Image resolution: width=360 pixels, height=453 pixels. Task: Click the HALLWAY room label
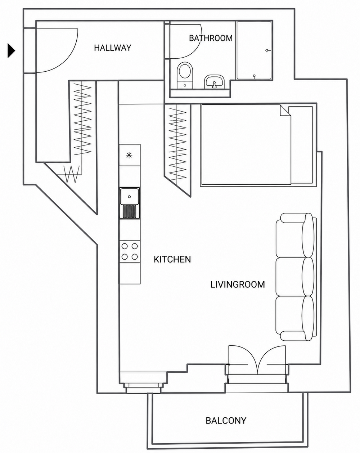(x=112, y=48)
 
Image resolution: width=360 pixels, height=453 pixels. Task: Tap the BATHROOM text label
(x=211, y=38)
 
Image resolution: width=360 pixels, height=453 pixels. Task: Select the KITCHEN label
(x=172, y=259)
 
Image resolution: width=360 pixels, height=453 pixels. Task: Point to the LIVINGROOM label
(x=238, y=284)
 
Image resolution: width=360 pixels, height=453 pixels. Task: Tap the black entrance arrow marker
(x=12, y=50)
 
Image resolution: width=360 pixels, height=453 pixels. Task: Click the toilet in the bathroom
(x=185, y=75)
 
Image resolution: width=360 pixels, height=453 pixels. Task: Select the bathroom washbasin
(x=214, y=82)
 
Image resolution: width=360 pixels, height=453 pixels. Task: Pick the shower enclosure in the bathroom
(x=254, y=50)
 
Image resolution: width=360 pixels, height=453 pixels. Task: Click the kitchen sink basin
(x=130, y=196)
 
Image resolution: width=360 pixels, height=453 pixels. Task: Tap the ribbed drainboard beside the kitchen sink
(x=130, y=211)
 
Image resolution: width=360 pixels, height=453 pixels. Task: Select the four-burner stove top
(x=130, y=251)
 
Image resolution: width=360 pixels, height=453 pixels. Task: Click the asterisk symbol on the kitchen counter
(x=129, y=156)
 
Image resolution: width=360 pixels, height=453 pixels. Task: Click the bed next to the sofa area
(x=257, y=145)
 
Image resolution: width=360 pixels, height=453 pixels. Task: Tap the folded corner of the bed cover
(x=285, y=111)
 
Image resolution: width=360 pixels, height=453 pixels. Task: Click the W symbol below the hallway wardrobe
(x=72, y=174)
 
